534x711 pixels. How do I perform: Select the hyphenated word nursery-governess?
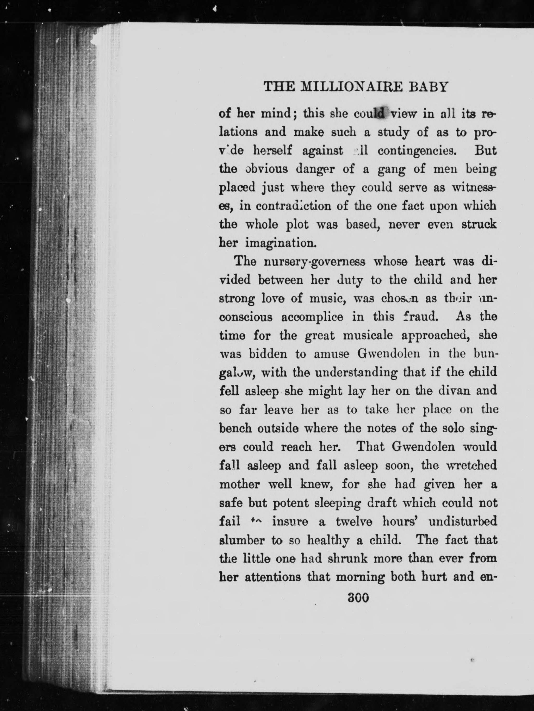coord(314,262)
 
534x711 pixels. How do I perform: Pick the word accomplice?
coord(312,317)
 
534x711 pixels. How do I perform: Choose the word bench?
coord(235,428)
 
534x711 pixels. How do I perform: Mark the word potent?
coord(291,503)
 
